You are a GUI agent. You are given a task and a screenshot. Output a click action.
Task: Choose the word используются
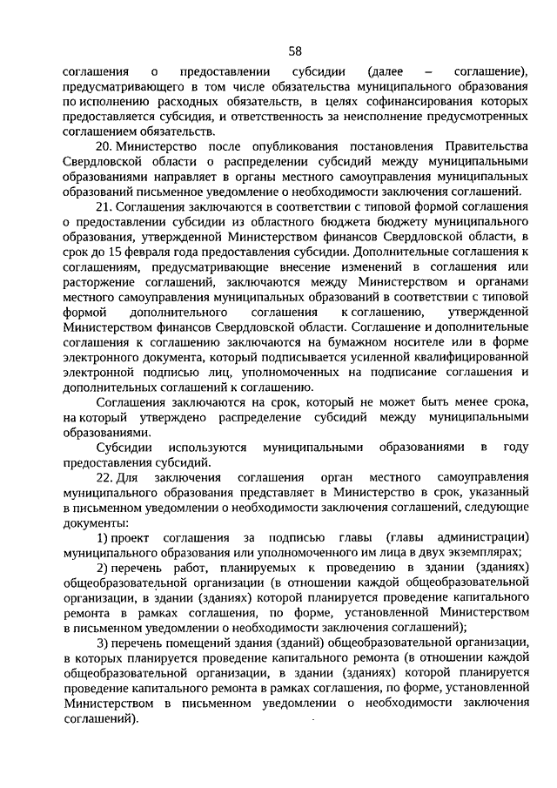coord(204,448)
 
